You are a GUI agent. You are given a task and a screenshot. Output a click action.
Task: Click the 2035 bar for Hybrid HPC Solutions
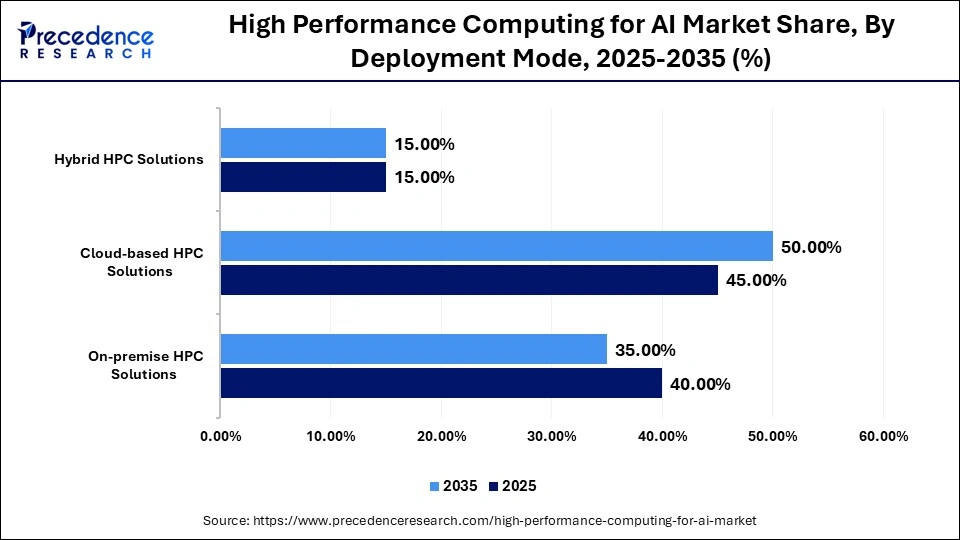[303, 143]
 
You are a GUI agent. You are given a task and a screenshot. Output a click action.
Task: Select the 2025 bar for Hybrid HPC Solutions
[303, 177]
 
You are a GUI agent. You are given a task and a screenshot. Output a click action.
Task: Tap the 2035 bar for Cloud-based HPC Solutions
[496, 246]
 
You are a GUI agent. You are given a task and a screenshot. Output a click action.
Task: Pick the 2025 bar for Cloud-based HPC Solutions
[469, 280]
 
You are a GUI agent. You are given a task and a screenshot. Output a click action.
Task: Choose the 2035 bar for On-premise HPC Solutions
[414, 349]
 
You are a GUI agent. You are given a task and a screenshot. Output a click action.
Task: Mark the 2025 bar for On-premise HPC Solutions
[441, 383]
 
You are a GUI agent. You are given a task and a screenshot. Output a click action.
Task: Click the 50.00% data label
[811, 247]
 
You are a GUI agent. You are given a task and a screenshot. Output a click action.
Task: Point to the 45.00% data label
[756, 280]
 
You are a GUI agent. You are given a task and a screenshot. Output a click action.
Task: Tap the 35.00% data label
[646, 350]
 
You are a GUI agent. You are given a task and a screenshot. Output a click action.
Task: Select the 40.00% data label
[701, 384]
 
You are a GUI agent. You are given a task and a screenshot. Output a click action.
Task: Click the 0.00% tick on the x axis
[221, 436]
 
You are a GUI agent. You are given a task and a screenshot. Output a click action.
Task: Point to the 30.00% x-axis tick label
[552, 436]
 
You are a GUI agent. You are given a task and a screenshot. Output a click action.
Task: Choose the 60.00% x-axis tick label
[883, 436]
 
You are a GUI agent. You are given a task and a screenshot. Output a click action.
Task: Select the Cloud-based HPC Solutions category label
[142, 262]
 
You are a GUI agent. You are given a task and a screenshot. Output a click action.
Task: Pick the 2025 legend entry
[512, 486]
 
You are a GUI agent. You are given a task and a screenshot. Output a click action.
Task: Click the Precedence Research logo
[86, 40]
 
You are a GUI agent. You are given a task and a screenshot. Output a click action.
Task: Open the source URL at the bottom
[480, 520]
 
